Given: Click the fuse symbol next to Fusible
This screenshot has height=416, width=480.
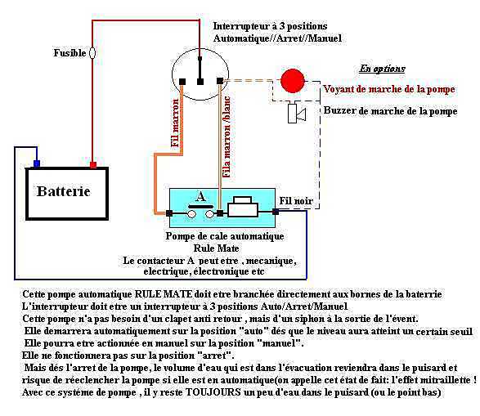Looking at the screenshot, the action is (x=92, y=53).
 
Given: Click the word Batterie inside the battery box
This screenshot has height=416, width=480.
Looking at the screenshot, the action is (x=63, y=191).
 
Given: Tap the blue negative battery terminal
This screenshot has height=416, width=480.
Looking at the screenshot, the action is (x=37, y=163).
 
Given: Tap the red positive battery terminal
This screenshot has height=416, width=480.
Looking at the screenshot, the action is (x=93, y=165).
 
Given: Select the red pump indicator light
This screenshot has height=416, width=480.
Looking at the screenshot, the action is (x=293, y=81).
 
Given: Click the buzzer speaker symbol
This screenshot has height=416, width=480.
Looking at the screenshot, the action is (x=297, y=114).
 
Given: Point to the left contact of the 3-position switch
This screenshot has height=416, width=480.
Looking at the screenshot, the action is (x=182, y=82).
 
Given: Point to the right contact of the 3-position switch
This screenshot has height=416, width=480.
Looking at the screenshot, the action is (x=220, y=81).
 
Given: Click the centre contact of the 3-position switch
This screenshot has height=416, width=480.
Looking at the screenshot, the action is (x=200, y=82).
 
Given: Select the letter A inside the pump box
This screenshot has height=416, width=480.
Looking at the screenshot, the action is (x=201, y=196).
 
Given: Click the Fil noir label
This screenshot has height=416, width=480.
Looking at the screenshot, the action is (x=296, y=201).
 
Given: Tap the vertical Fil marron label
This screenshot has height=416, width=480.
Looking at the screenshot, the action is (x=175, y=123).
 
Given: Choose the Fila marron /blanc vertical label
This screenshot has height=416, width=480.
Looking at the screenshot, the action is (x=227, y=136).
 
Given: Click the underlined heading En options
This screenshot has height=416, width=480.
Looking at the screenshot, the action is (x=382, y=69).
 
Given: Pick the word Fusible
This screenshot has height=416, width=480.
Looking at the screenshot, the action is (x=70, y=53).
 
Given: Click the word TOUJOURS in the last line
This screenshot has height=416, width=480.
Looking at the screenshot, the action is (x=213, y=391).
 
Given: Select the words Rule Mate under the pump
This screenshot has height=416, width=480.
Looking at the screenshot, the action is (x=216, y=248).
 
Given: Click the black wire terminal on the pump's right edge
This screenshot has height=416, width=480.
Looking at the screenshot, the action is (x=276, y=212).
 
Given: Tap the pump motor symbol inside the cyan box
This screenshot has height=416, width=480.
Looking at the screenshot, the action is (x=243, y=207).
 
